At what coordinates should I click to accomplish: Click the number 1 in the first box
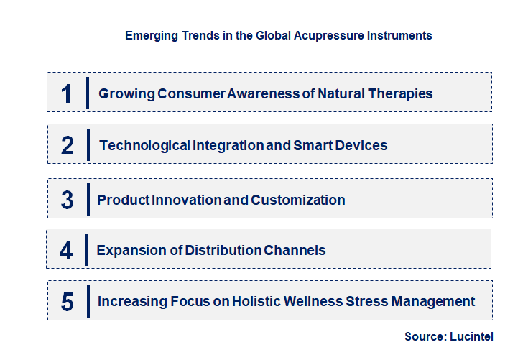pyautogui.click(x=67, y=93)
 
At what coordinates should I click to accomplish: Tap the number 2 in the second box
pyautogui.click(x=68, y=145)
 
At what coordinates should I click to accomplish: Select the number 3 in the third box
pyautogui.click(x=68, y=200)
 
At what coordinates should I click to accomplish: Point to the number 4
pyautogui.click(x=67, y=250)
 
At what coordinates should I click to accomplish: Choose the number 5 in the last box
pyautogui.click(x=68, y=302)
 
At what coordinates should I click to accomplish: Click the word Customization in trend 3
pyautogui.click(x=298, y=200)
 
